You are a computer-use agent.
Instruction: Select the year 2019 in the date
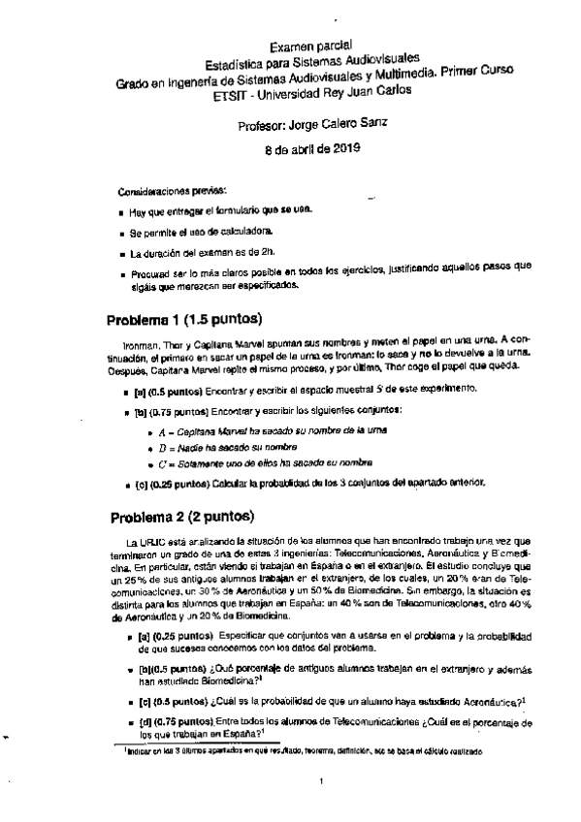point(341,148)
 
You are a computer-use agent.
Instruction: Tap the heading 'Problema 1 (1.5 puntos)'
point(184,320)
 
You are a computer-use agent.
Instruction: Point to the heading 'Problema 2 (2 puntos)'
point(181,515)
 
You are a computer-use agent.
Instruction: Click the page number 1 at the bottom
point(320,781)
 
